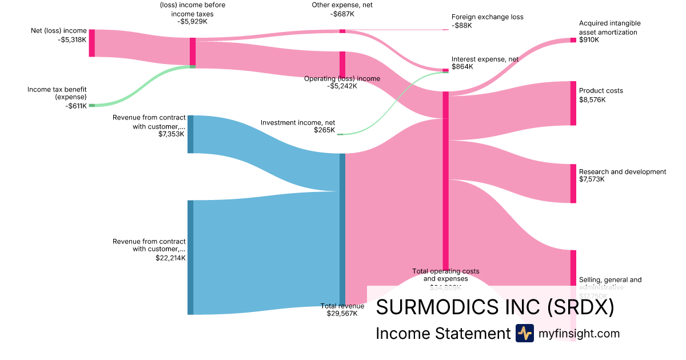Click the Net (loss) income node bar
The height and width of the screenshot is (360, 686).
coord(91,43)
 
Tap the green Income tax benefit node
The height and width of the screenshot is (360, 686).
coord(91,105)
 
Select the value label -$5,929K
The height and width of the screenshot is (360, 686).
coord(193,22)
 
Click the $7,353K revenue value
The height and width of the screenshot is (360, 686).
coord(171,134)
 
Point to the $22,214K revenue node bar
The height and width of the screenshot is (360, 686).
coord(190,257)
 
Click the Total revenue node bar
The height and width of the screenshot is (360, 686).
coord(342,229)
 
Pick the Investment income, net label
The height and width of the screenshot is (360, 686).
coord(298,122)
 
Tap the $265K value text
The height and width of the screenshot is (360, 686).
coord(324,130)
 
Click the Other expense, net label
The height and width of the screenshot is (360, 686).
coord(342,5)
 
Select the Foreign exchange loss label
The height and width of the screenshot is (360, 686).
coord(487,17)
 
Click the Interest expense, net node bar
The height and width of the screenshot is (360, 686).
coord(446,70)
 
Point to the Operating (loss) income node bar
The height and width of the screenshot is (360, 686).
coord(342,64)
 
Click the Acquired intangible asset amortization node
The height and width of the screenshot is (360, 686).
coord(573,40)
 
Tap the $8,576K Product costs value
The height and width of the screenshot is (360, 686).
coord(592,99)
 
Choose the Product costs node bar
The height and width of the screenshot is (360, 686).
coord(573,103)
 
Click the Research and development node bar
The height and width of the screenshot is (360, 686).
coord(573,183)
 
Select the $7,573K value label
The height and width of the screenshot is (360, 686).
coord(592,179)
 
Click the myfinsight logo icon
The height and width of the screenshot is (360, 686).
coord(524,333)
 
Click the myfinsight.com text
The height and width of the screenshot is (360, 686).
coord(579,333)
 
